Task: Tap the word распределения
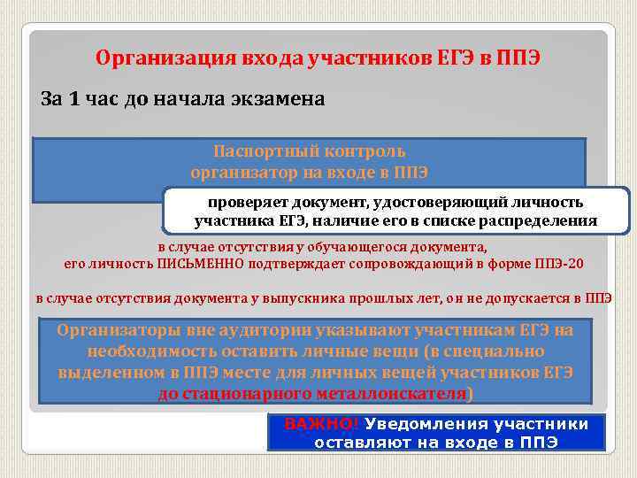tap(541, 220)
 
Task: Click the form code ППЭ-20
tap(559, 264)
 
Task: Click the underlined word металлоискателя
tap(395, 393)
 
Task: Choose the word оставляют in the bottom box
tap(357, 442)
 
